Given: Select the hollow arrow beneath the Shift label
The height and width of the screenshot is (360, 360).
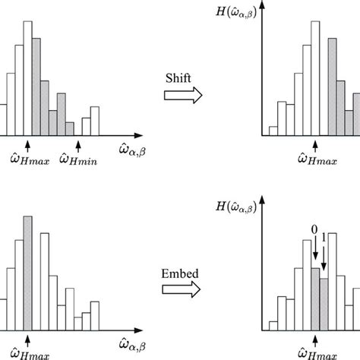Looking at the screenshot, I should (x=183, y=95).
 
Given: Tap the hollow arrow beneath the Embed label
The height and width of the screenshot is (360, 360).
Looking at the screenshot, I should (x=183, y=289).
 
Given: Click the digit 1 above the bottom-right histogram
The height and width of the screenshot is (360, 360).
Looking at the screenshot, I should (x=324, y=238).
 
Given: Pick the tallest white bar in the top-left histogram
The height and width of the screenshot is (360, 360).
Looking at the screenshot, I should (x=29, y=75).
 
